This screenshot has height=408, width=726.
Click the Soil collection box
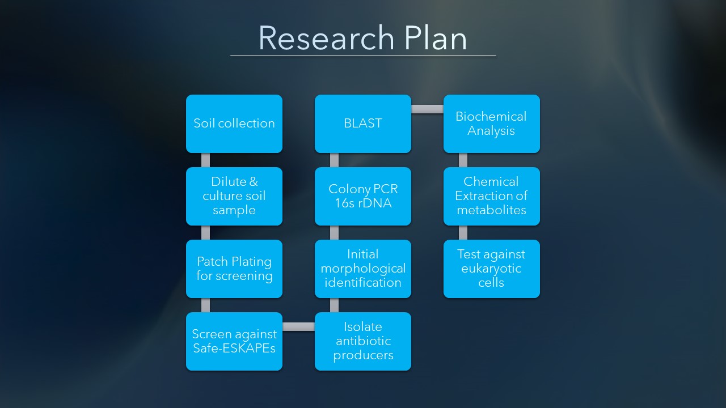[234, 124]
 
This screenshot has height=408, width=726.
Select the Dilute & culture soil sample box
[234, 196]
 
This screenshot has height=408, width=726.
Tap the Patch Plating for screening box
[234, 269]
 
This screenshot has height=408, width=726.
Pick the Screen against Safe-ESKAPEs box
[234, 341]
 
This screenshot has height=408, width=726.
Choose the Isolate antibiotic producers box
[362, 341]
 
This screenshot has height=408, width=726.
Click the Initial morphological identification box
[362, 269]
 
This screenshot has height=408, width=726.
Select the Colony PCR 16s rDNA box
[362, 196]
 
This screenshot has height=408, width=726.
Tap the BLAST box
[362, 124]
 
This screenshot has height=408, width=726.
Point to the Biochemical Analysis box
[491, 124]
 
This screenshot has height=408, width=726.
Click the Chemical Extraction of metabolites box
[491, 196]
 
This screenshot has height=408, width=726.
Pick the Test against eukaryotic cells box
[491, 269]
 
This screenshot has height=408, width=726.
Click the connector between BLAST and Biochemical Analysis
[427, 109]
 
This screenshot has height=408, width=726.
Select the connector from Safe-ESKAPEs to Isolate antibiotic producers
[298, 327]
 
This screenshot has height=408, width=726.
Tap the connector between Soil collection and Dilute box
[205, 160]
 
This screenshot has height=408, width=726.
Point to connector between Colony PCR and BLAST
[334, 160]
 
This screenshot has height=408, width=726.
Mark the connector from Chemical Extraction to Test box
[463, 232]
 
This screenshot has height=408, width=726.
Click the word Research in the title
[326, 38]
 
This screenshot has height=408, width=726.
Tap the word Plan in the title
[436, 38]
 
